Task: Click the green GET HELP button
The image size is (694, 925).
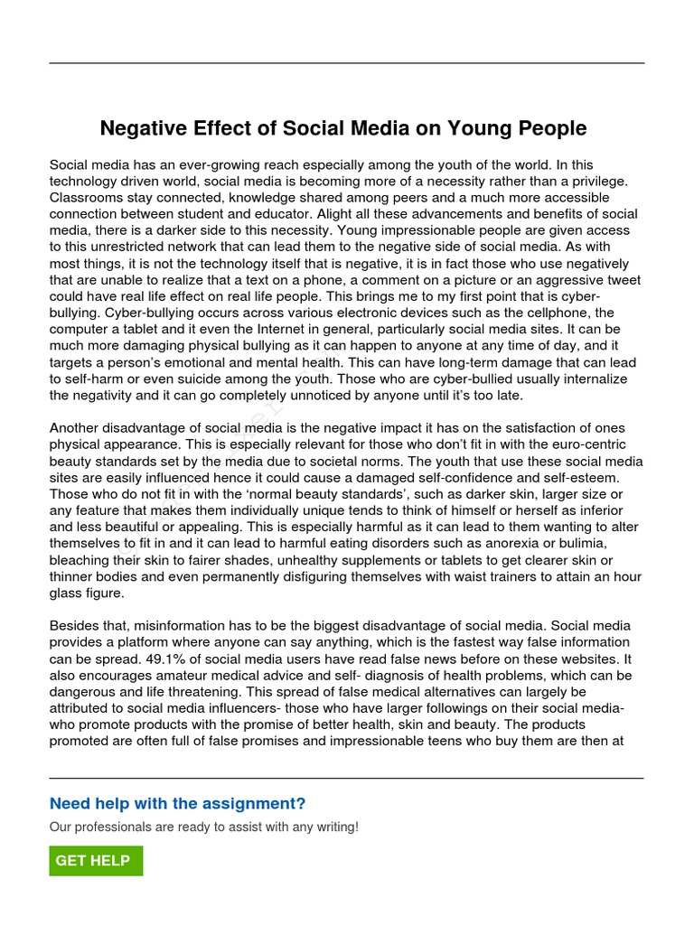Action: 95,861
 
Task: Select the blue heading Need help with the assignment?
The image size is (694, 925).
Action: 177,804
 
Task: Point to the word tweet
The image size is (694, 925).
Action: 622,280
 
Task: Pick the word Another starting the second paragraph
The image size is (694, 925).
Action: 78,428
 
